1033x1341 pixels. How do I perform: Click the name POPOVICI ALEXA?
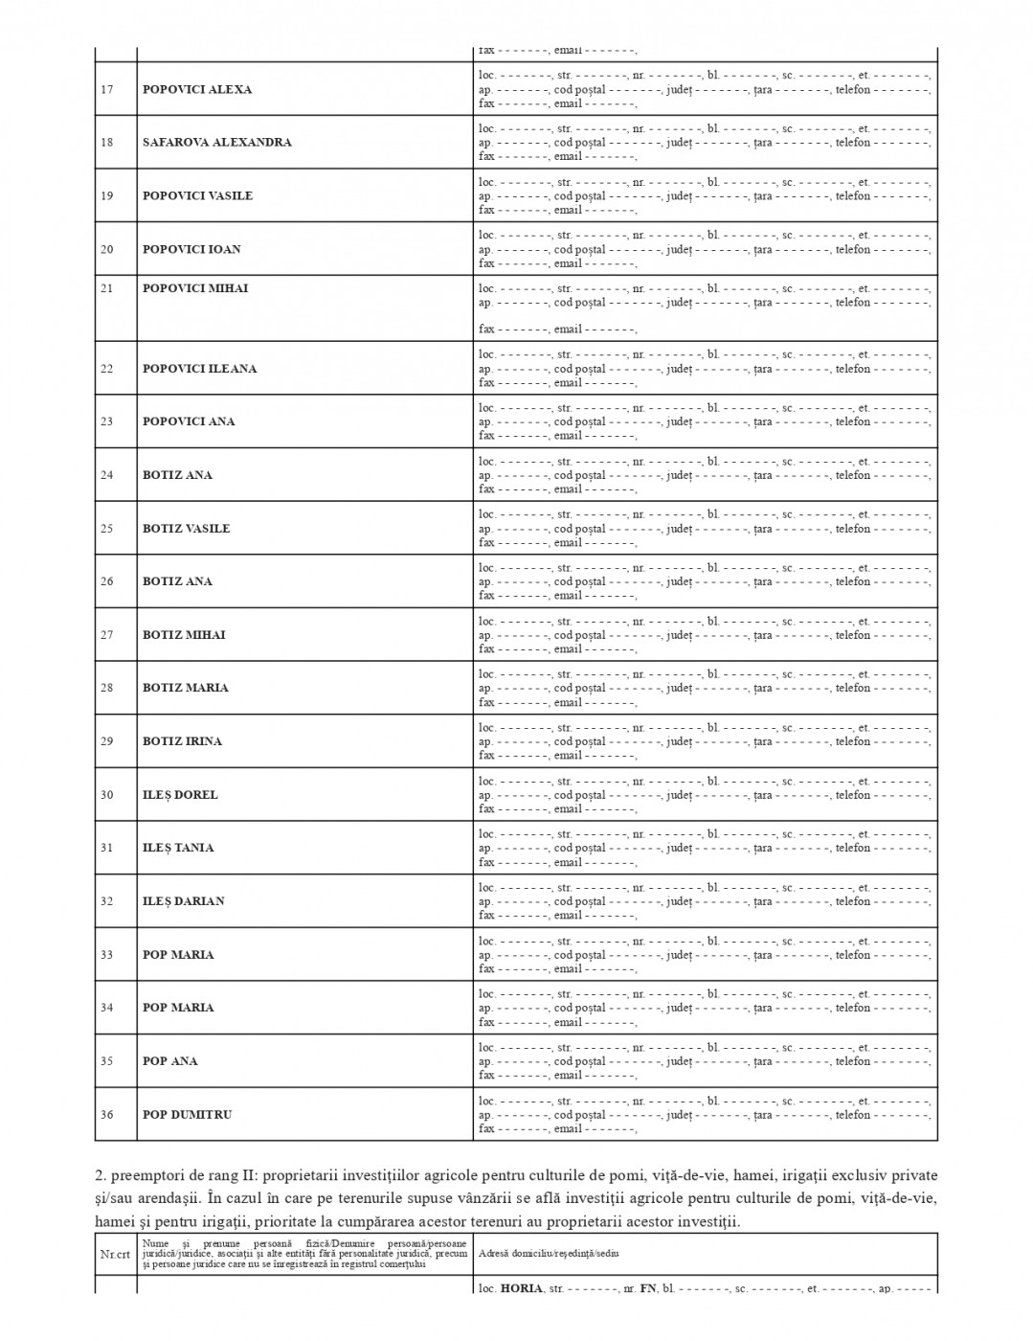(197, 90)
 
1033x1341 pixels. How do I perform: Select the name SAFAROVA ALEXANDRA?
(217, 143)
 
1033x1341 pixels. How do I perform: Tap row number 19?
(107, 196)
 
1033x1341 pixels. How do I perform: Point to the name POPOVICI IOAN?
(191, 250)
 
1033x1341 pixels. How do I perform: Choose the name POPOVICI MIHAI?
(195, 288)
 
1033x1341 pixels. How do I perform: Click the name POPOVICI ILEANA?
(200, 369)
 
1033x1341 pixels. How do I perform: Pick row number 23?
(107, 421)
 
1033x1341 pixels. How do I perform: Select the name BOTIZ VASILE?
(187, 529)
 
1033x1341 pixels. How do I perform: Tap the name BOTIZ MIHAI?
(184, 635)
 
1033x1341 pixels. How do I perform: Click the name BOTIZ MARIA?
(186, 688)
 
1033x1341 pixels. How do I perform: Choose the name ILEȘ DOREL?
(180, 795)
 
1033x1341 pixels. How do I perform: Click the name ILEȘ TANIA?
(178, 848)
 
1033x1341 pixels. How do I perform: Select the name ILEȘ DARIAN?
(184, 901)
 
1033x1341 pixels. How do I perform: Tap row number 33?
(107, 955)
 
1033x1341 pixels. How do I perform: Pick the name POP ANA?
(168, 1061)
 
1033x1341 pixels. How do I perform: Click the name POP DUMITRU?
(188, 1115)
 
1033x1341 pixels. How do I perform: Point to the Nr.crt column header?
(115, 1254)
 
